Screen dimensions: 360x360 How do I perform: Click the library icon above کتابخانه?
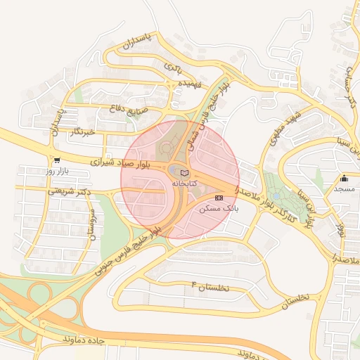[x=184, y=173]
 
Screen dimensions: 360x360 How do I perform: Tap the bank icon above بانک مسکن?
[x=219, y=198]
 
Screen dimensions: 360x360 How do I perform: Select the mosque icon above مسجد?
[x=344, y=179]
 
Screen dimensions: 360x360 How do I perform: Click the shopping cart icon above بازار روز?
[x=56, y=160]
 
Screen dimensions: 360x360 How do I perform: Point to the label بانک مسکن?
[x=219, y=209]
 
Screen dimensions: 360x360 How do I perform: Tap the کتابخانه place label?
[x=185, y=184]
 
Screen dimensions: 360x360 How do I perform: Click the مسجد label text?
[x=344, y=190]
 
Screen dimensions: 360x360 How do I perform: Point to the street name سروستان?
[x=91, y=224]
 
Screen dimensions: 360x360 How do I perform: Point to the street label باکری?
[x=173, y=68]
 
